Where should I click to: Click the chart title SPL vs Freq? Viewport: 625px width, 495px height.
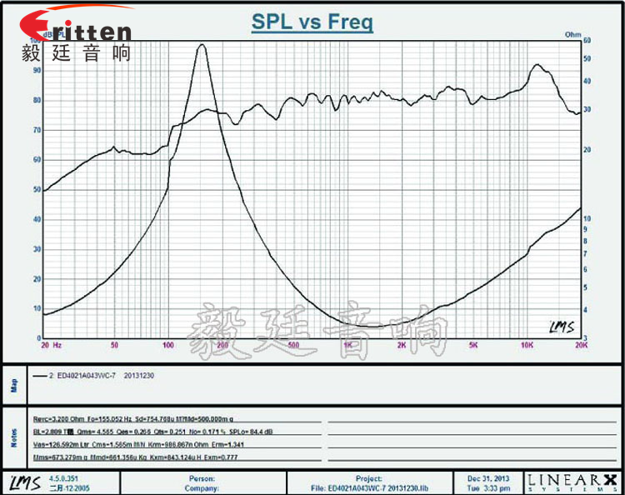[x=312, y=22]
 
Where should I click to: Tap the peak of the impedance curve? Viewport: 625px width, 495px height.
[x=201, y=46]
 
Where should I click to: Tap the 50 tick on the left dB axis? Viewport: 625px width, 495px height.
[x=36, y=189]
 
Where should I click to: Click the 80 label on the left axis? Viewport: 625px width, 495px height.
[x=36, y=100]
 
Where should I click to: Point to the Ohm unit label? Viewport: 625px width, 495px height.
[x=572, y=34]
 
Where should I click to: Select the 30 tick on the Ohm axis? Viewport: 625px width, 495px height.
[x=588, y=109]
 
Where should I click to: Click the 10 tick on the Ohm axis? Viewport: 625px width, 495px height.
[x=588, y=218]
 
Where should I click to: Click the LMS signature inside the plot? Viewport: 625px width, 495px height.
[x=561, y=327]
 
